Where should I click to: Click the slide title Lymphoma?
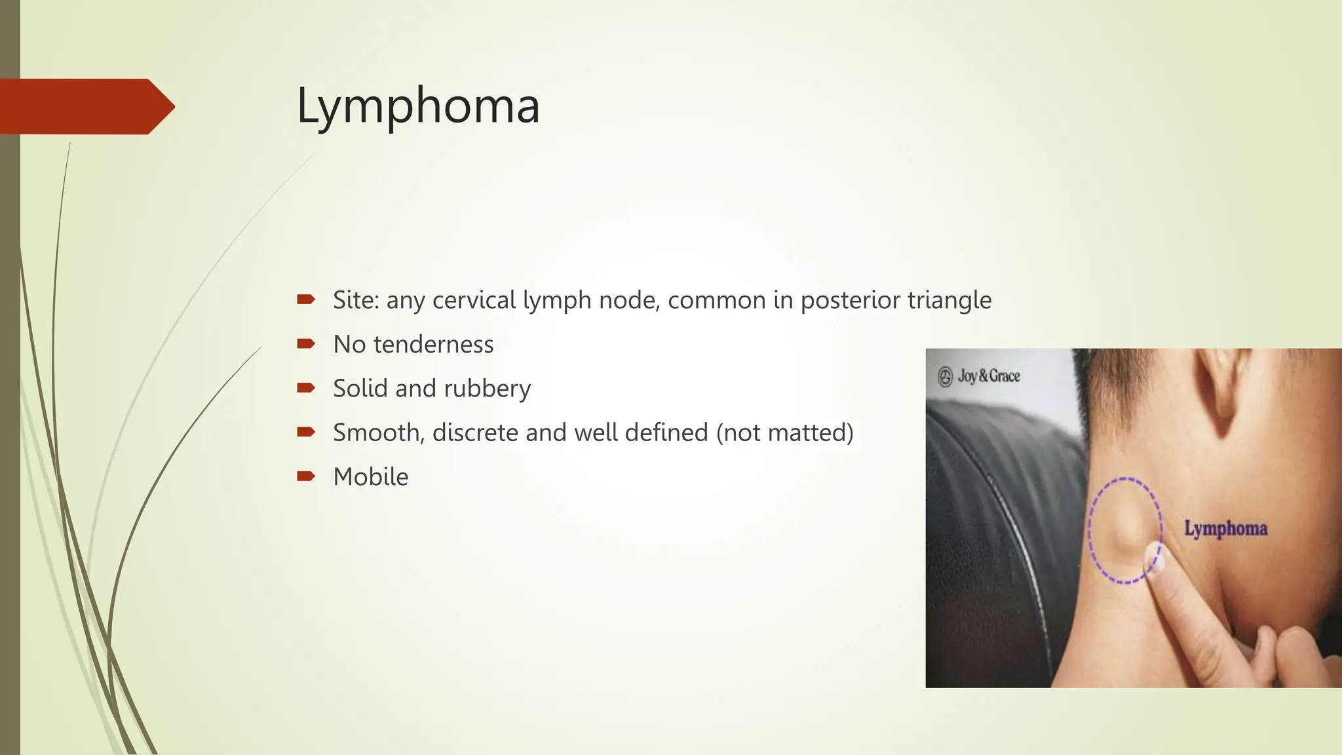tap(418, 106)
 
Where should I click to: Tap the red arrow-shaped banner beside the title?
tap(85, 107)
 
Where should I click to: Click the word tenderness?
tap(433, 345)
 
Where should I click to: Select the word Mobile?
tap(370, 477)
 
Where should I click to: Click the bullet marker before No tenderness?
tap(305, 344)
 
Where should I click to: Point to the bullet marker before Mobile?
tap(305, 476)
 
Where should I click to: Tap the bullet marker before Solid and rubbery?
tap(305, 388)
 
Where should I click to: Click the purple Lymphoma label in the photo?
tap(1225, 528)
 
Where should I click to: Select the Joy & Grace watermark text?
tap(989, 376)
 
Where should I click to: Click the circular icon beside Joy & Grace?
tap(945, 377)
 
